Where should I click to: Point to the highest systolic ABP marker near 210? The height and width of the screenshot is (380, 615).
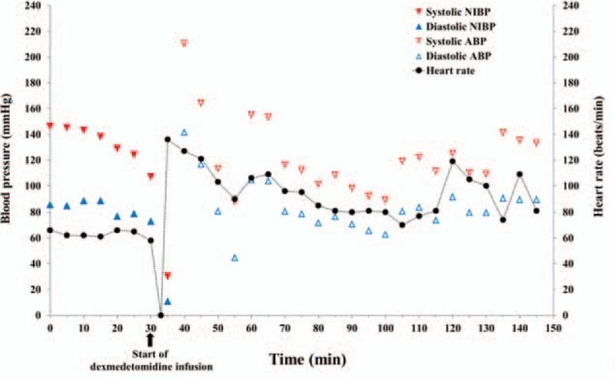tap(184, 43)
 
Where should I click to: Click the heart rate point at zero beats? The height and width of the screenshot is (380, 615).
tap(161, 315)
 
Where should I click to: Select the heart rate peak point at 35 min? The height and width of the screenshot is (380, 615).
tap(168, 139)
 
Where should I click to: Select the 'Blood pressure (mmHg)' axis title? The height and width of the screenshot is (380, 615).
tap(8, 159)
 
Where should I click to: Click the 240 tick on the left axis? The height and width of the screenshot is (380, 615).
tap(33, 5)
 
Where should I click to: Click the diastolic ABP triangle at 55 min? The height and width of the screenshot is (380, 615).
tap(234, 258)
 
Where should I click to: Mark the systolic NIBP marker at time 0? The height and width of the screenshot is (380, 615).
tap(50, 125)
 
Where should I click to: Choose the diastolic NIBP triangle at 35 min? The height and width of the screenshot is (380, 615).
tap(168, 302)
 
